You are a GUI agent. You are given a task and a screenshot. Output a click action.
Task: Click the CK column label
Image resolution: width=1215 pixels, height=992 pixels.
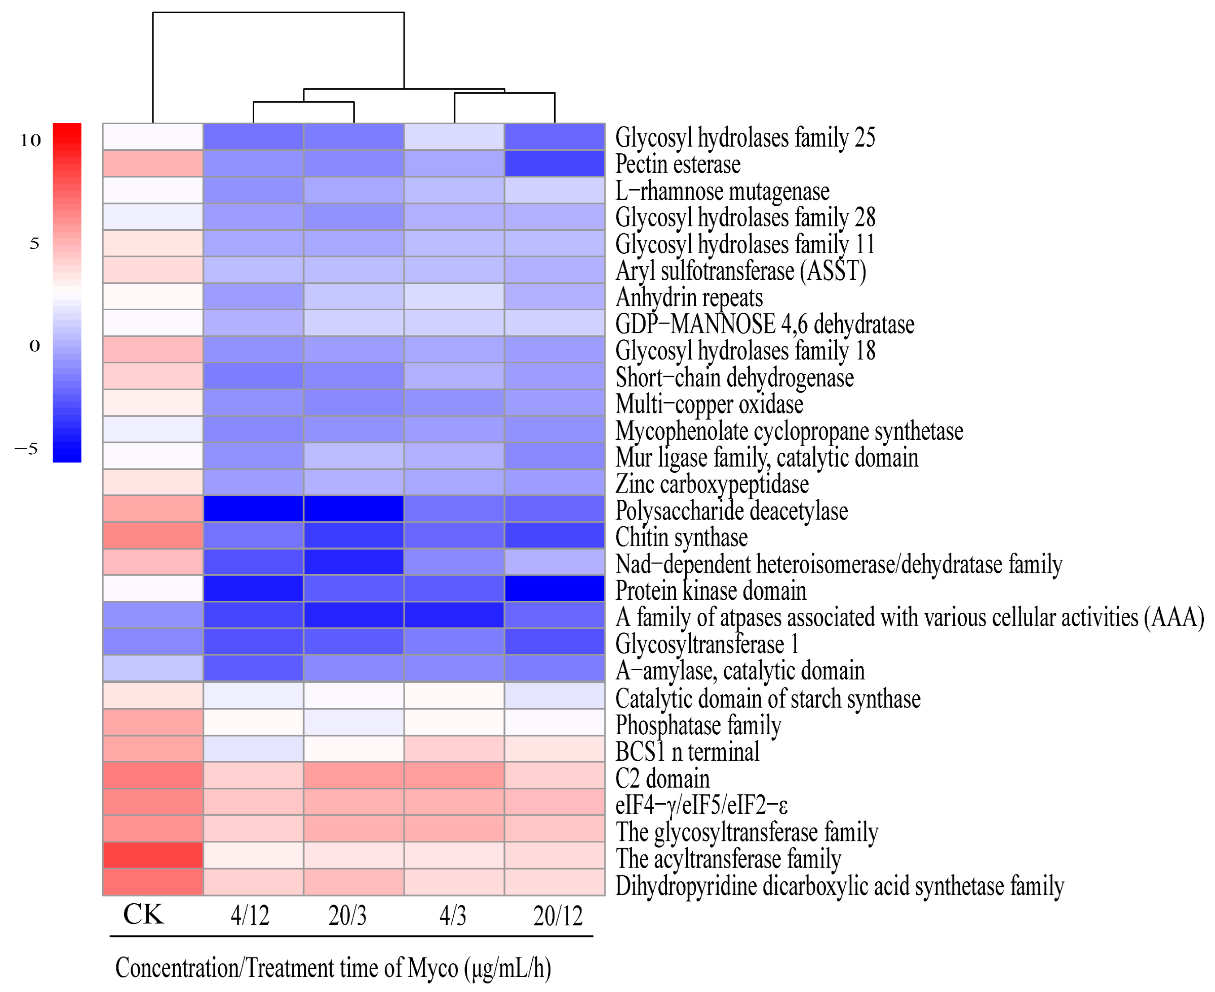143,914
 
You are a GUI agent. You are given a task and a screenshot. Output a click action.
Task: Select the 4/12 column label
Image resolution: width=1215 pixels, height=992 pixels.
250,915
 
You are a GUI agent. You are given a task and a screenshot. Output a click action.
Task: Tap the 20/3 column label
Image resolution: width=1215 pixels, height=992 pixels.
347,915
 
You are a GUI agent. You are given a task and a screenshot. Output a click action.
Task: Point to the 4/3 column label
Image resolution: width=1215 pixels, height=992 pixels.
453,915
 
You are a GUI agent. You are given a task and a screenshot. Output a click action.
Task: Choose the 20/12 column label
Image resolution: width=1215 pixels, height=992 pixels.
558,915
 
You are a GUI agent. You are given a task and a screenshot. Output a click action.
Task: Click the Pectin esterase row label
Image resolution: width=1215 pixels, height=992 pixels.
678,165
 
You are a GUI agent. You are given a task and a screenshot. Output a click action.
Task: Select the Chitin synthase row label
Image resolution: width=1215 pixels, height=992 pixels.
681,537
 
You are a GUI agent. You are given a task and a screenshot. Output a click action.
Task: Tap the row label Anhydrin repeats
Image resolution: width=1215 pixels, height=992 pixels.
689,298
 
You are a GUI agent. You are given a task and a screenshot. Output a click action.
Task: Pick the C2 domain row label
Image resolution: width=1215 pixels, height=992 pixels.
662,778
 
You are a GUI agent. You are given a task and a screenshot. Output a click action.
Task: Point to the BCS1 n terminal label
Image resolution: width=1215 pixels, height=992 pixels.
687,751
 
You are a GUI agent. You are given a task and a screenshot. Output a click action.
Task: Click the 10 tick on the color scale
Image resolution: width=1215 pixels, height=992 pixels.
31,140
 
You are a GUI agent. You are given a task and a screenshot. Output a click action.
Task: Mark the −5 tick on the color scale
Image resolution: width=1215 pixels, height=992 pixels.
27,449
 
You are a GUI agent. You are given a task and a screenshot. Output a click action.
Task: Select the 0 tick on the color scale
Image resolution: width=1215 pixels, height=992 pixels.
34,346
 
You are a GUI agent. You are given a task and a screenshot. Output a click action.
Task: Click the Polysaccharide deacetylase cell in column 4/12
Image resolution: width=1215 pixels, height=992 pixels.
253,509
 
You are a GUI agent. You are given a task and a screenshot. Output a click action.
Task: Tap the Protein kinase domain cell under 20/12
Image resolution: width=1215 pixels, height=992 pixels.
554,589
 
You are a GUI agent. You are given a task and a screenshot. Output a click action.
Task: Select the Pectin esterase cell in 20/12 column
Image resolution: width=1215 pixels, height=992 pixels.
554,164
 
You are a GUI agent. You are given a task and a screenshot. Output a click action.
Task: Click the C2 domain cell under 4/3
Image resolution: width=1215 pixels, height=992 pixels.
454,775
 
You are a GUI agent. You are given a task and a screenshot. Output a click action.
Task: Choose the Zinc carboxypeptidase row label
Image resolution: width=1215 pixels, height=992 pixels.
712,485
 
